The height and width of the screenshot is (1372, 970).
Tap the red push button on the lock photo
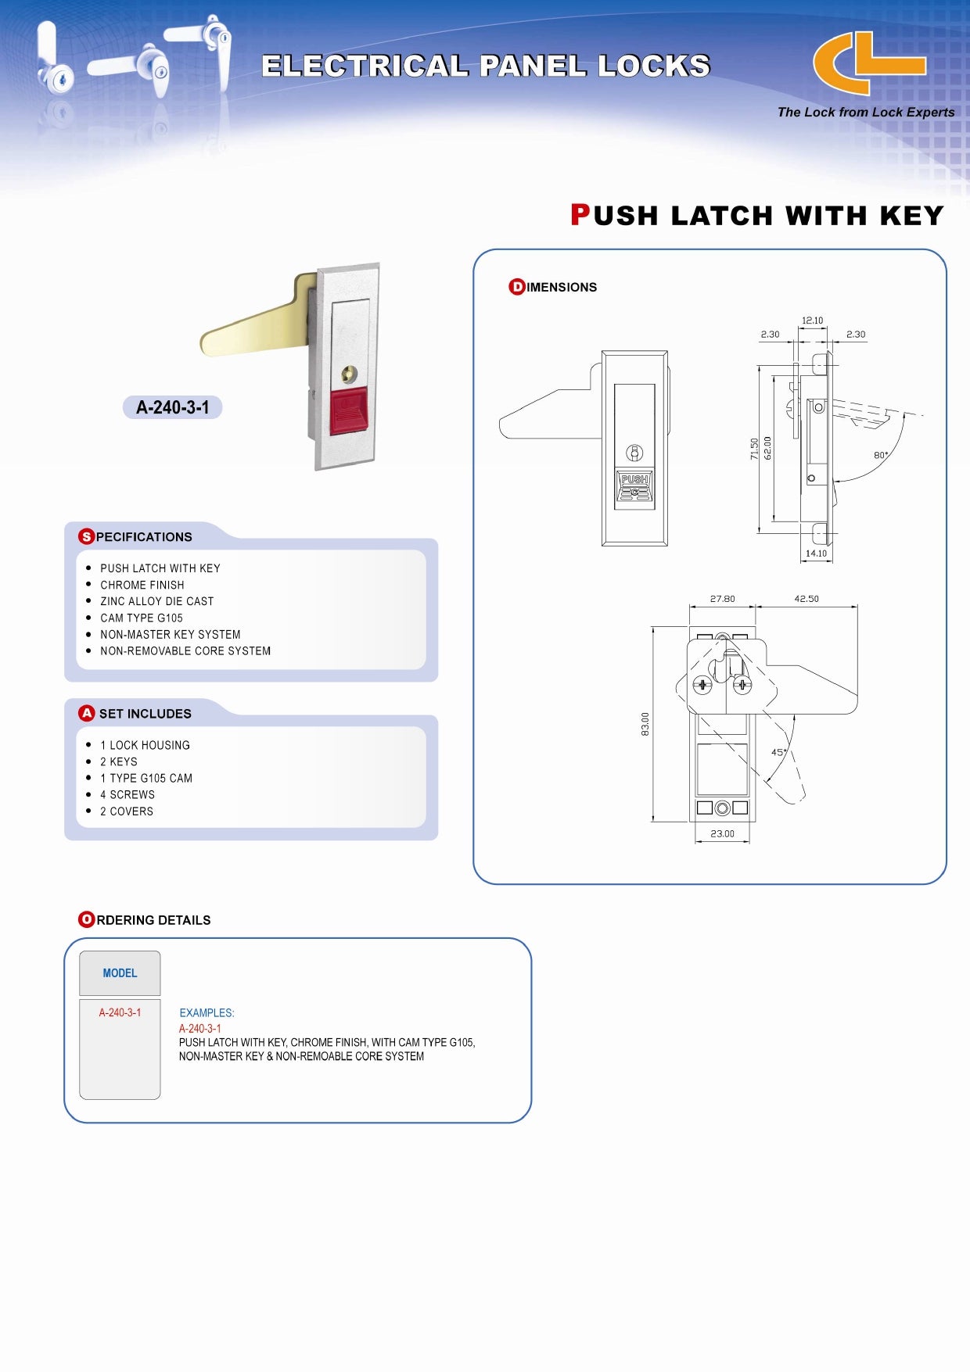pos(348,410)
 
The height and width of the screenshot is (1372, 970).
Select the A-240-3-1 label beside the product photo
pos(173,407)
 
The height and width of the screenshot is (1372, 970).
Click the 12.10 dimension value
pos(812,321)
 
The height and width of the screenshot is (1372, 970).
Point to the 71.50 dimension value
pos(754,449)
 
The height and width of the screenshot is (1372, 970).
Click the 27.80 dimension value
pos(722,599)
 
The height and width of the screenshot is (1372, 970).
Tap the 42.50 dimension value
pos(807,599)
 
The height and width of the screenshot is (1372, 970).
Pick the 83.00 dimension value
pos(645,724)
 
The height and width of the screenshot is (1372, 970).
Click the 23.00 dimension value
pos(722,834)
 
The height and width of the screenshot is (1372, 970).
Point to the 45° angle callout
pos(778,752)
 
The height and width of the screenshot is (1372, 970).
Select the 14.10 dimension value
pos(816,553)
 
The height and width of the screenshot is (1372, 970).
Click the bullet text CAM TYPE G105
pos(142,618)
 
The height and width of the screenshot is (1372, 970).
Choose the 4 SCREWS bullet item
pos(128,795)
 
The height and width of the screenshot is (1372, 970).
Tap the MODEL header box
pos(120,973)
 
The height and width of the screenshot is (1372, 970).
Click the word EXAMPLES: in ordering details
pos(207,1013)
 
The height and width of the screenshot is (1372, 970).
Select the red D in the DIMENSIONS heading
pos(517,287)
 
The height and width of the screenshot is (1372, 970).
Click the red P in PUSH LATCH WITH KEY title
pos(580,215)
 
